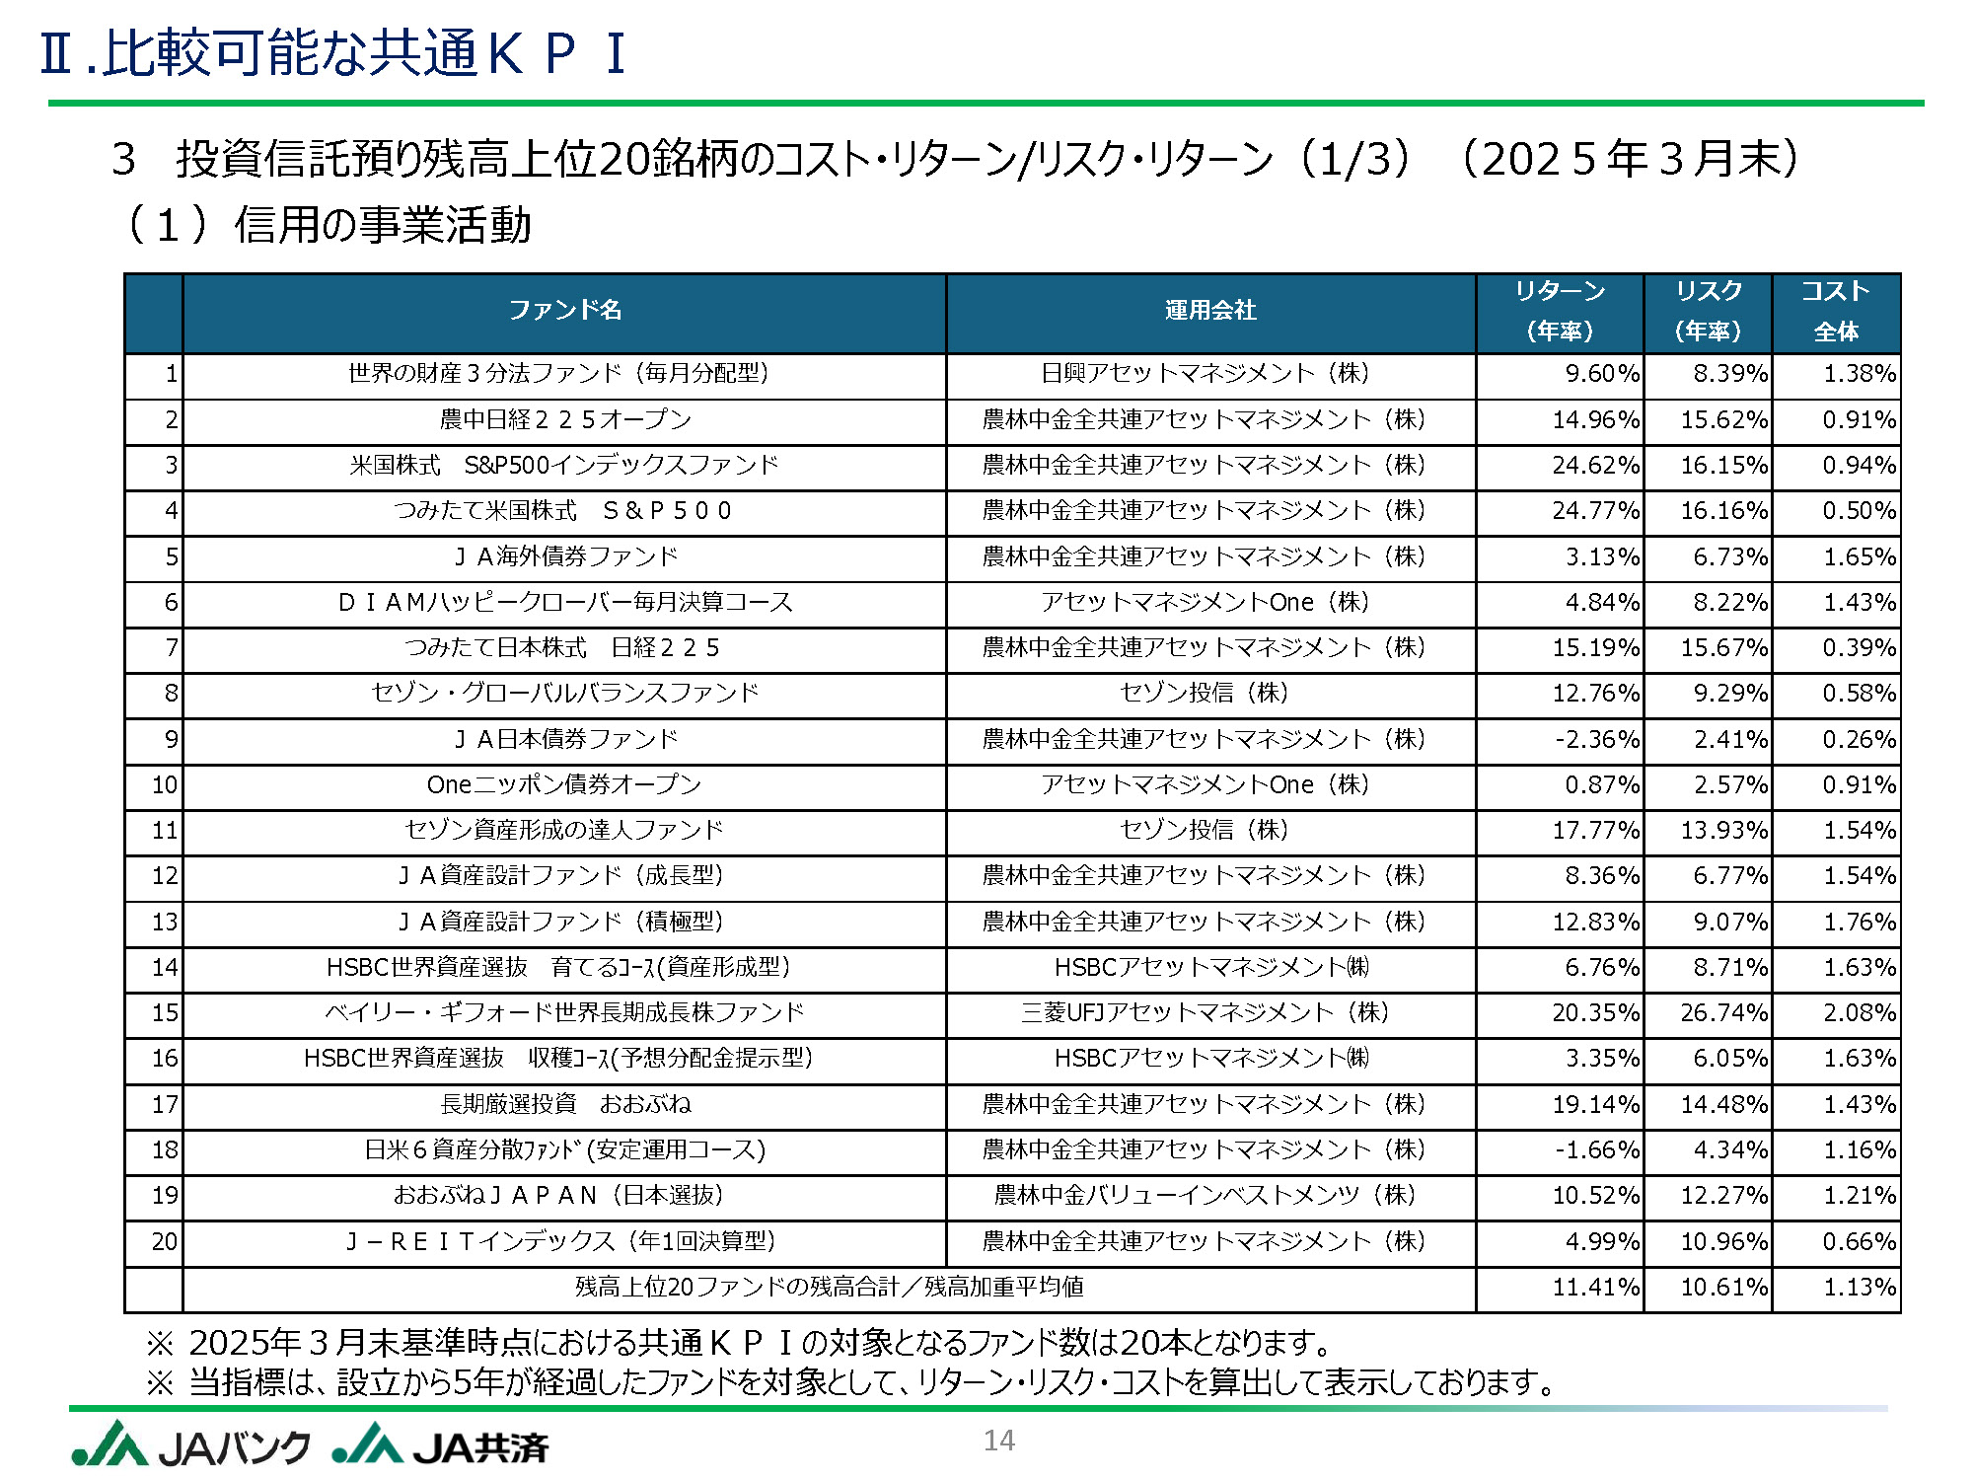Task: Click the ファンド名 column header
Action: (564, 311)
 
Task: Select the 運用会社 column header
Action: (1209, 311)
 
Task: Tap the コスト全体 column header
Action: (1836, 311)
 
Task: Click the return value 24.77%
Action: (1595, 511)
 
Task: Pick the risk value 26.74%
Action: (1723, 1013)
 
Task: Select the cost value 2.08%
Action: (1859, 1013)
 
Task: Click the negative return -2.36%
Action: (1597, 739)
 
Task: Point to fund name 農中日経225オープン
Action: (564, 419)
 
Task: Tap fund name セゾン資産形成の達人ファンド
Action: (564, 830)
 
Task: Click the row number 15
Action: (164, 1013)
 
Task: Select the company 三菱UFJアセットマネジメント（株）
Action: (1205, 1013)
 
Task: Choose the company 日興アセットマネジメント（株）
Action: (1205, 374)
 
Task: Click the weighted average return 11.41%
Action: (1595, 1288)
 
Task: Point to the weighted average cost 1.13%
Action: (1859, 1288)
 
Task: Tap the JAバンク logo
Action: (190, 1445)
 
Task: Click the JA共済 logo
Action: (440, 1445)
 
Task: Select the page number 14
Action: (998, 1441)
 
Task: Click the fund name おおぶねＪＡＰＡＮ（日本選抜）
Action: (558, 1196)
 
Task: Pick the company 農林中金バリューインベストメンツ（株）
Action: (1205, 1196)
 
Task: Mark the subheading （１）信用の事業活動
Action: (328, 225)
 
